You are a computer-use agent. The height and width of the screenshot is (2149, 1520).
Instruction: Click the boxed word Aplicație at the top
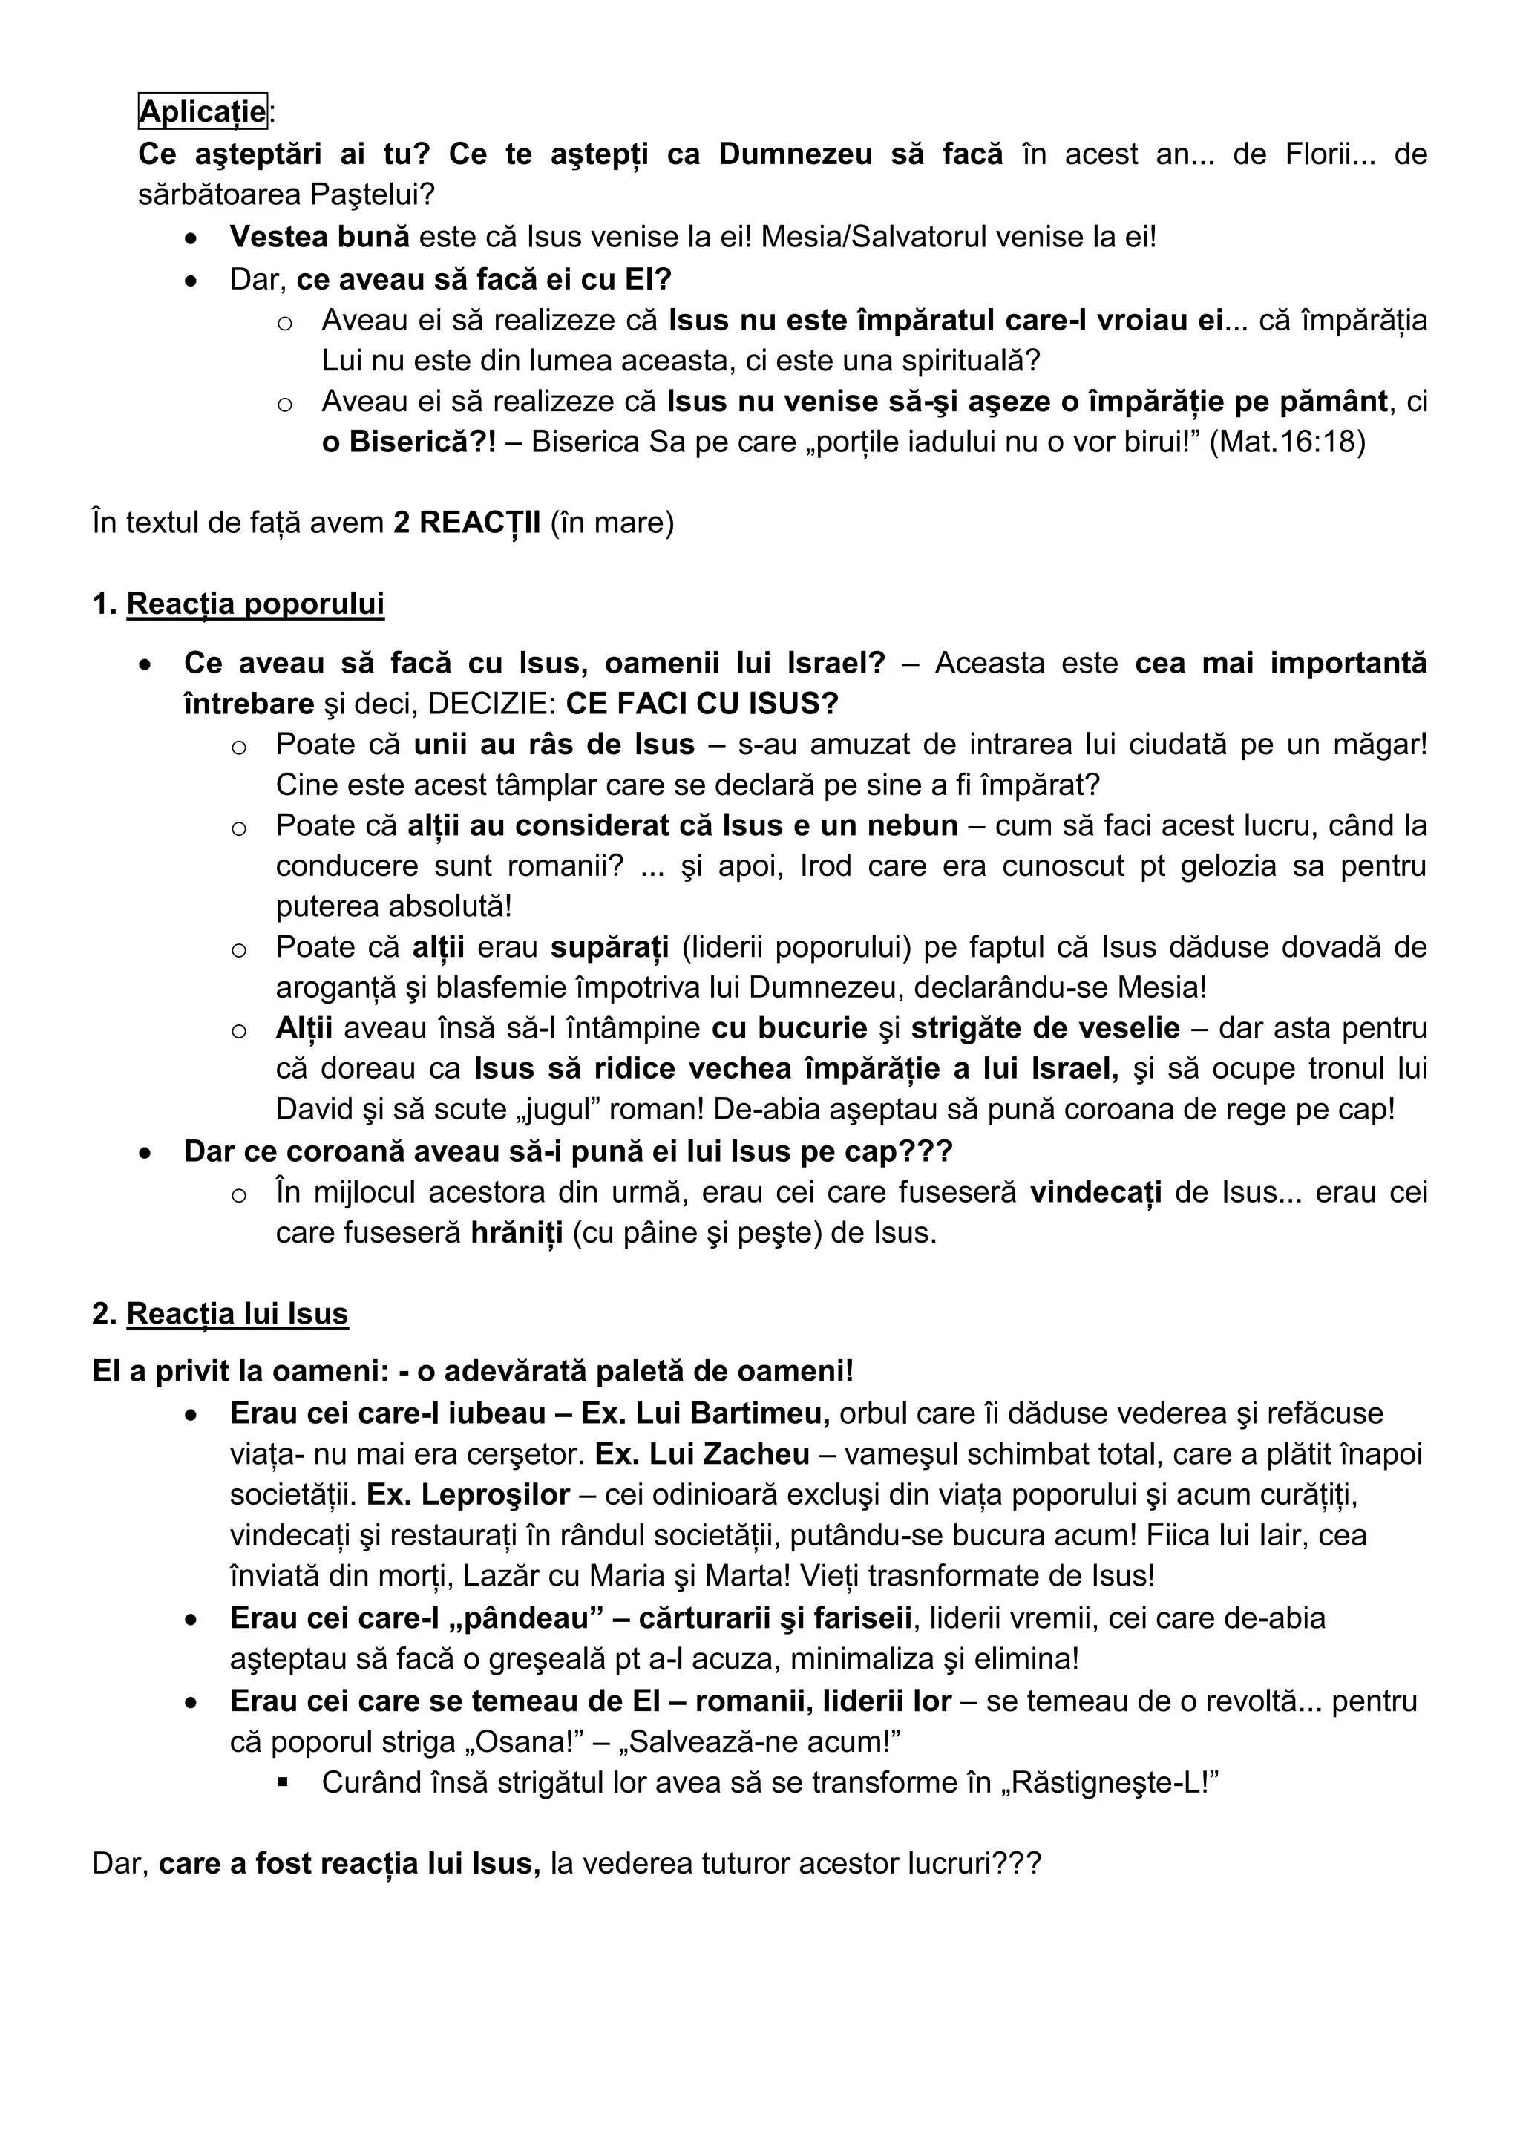202,111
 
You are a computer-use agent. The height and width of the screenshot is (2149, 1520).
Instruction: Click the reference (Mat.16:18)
1287,442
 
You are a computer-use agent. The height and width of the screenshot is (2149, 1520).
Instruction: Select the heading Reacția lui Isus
237,1313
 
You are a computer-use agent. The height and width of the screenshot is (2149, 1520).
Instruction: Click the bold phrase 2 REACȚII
467,523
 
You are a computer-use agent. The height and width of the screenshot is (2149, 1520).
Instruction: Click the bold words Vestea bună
319,237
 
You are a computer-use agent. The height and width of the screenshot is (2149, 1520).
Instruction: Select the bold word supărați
609,947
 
